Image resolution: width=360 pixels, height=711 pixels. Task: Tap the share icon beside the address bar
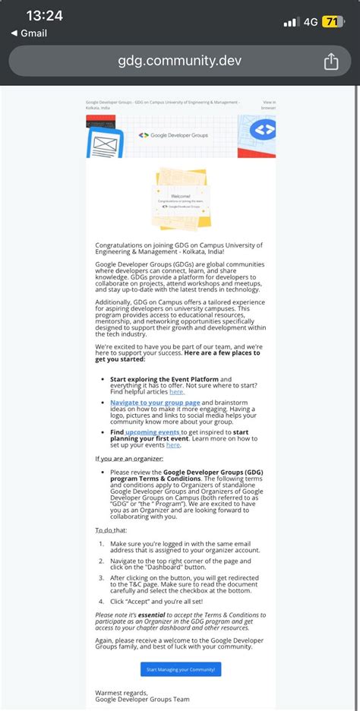tap(331, 62)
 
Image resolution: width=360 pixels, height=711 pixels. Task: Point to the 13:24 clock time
tap(44, 16)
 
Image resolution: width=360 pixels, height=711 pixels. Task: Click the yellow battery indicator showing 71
tap(332, 21)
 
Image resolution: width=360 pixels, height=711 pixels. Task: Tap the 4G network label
tap(311, 21)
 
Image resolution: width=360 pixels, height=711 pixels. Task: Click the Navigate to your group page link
tap(155, 402)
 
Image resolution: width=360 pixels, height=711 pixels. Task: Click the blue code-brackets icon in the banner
tap(262, 130)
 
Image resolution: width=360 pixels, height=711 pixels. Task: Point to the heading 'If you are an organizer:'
tap(128, 459)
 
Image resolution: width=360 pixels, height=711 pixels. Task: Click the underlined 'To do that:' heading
tap(112, 529)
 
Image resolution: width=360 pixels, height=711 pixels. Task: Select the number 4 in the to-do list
tap(102, 599)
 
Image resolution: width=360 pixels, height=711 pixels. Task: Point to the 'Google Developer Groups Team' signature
tap(142, 700)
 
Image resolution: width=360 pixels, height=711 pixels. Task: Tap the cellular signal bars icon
tap(290, 22)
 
